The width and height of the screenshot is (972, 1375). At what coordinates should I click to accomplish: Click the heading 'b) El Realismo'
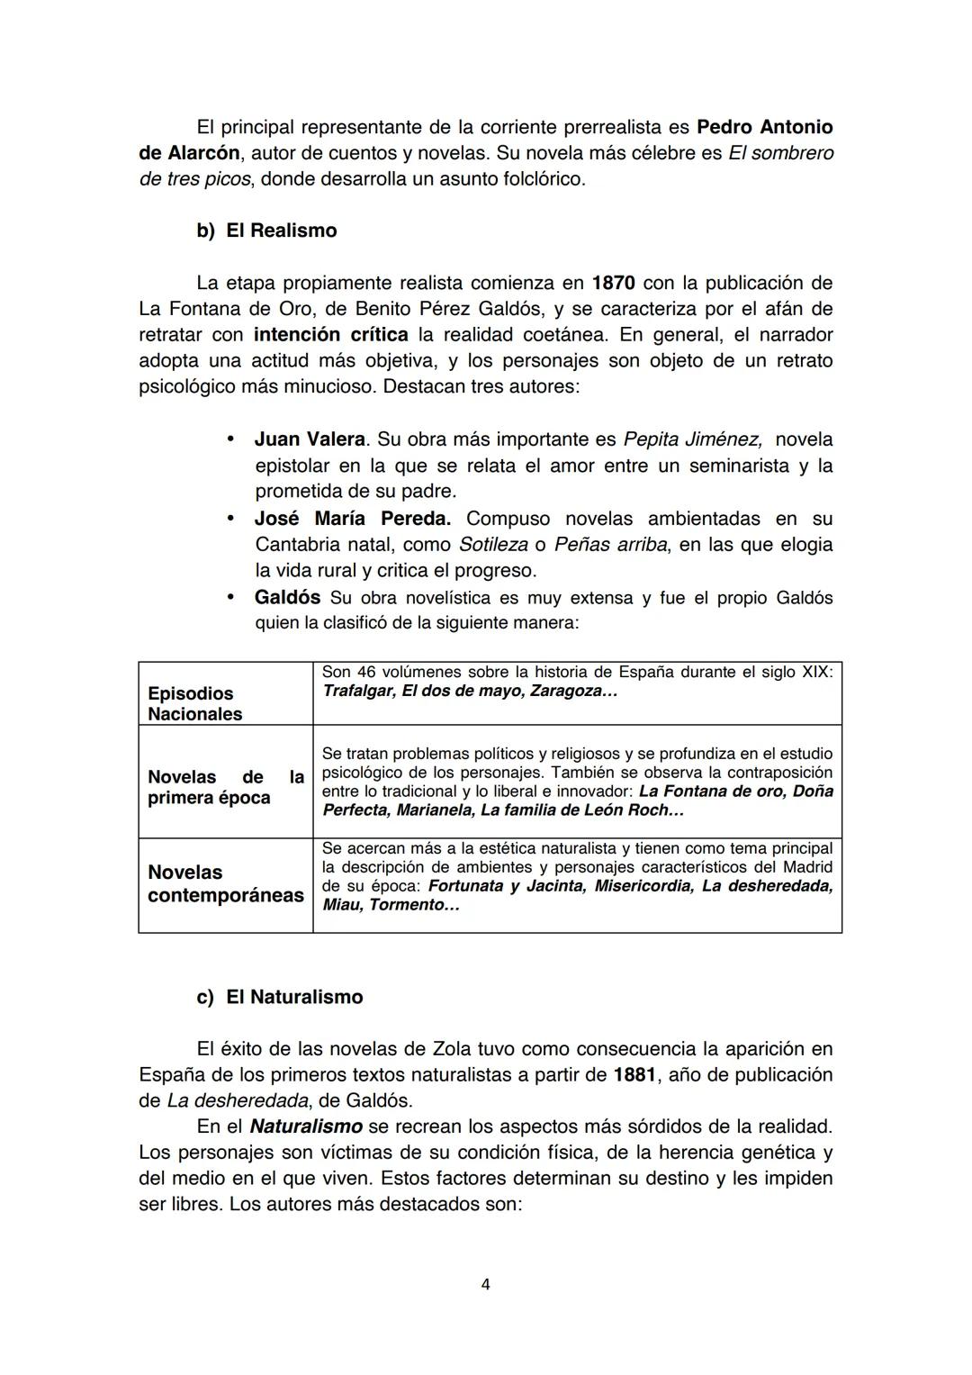[x=266, y=231]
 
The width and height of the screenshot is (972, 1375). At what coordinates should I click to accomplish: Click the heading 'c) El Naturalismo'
[x=280, y=997]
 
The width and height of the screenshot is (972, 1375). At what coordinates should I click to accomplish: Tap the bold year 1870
[x=613, y=283]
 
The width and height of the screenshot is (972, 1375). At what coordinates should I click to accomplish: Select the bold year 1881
[x=634, y=1074]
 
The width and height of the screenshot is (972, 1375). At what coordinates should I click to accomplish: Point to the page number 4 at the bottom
[x=486, y=1284]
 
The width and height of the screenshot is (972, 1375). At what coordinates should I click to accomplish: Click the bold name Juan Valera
[x=310, y=439]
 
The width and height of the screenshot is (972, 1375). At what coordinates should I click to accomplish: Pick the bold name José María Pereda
[x=352, y=519]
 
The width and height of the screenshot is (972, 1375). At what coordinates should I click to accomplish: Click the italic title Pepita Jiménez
[x=693, y=439]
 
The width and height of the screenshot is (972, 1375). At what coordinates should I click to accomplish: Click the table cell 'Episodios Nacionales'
[x=194, y=703]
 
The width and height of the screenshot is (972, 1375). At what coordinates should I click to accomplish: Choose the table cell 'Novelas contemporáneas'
[x=225, y=883]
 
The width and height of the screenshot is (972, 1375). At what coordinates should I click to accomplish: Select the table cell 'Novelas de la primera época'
[x=225, y=787]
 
